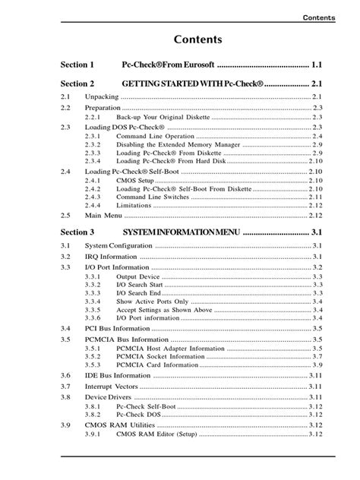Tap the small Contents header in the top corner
(318, 17)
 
